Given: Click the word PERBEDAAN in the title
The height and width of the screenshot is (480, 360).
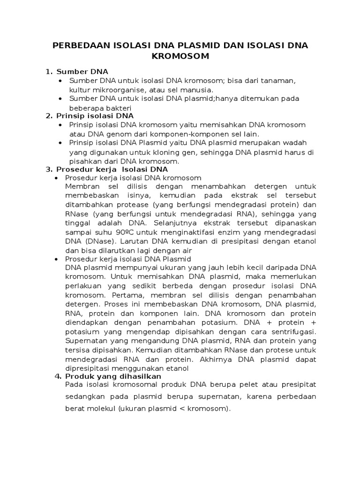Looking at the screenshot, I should pos(78,45).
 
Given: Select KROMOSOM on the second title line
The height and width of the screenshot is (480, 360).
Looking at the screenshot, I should pos(180,57).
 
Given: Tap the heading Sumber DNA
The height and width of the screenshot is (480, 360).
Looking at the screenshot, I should pos(82,72).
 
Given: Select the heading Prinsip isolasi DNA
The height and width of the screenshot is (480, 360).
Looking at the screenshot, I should pos(95,116).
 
